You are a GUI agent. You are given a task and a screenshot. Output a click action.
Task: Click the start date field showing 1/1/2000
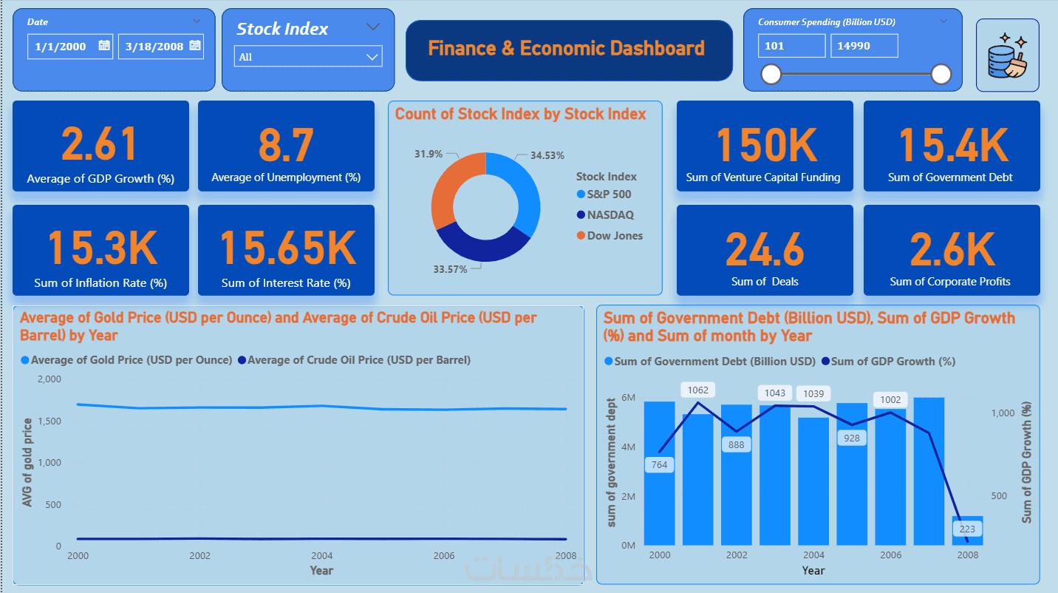61,46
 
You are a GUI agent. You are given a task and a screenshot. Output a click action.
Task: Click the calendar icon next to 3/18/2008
195,46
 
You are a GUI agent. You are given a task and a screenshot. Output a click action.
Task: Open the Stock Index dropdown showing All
308,56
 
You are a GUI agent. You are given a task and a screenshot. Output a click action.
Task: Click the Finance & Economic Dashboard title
567,49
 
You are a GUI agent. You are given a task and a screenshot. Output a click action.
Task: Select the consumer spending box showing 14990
863,46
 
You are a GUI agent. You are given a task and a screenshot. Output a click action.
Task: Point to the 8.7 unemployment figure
286,144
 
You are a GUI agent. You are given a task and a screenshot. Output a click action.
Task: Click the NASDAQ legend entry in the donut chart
610,215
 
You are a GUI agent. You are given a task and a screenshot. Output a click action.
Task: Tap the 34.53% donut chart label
547,155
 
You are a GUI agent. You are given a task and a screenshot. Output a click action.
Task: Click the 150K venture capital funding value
765,144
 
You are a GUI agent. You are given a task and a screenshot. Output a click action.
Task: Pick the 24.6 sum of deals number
765,249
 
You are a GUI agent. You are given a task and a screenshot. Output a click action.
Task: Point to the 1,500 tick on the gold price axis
48,421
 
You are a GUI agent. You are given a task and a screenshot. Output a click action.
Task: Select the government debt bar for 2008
967,531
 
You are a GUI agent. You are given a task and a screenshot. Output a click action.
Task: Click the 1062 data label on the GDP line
697,390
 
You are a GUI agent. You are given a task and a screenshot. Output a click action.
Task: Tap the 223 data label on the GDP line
967,529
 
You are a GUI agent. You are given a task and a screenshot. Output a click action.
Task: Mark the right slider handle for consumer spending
941,74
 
